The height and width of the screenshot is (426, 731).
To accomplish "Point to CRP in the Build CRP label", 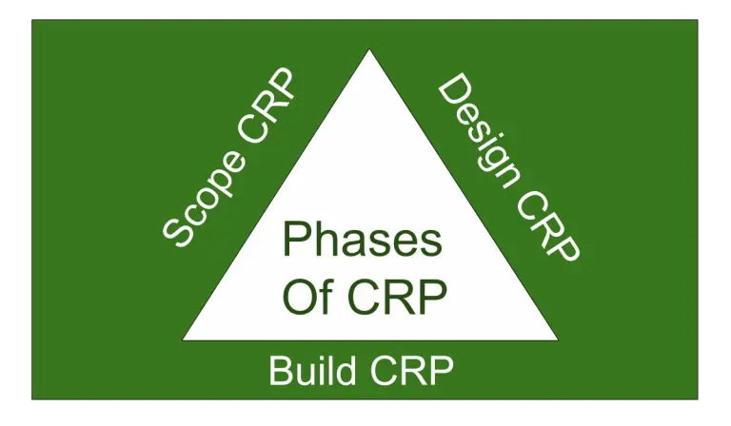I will point(413,371).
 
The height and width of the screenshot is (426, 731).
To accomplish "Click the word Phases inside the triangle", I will point(363,240).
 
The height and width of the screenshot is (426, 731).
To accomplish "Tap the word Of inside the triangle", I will point(306,298).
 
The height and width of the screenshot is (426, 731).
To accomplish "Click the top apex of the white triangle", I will point(369,51).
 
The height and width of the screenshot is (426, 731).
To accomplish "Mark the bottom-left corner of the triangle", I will point(185,339).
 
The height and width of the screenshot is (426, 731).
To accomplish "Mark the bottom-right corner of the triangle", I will point(557,339).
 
